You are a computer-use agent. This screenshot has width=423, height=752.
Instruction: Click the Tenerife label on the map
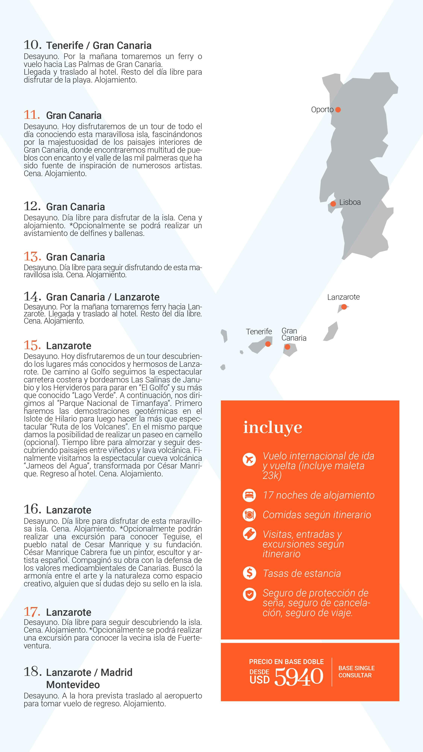pyautogui.click(x=259, y=332)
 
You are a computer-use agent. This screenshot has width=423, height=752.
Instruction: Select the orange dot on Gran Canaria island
pyautogui.click(x=287, y=347)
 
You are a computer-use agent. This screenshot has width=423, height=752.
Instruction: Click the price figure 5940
pyautogui.click(x=299, y=676)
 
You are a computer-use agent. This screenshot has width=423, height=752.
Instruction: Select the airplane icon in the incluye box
pyautogui.click(x=249, y=459)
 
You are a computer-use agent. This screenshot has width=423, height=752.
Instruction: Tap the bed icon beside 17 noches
pyautogui.click(x=249, y=495)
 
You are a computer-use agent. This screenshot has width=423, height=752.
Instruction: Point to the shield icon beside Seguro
pyautogui.click(x=249, y=594)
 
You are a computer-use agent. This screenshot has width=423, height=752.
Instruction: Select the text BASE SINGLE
pyautogui.click(x=356, y=668)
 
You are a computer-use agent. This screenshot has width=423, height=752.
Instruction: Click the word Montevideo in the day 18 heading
pyautogui.click(x=73, y=685)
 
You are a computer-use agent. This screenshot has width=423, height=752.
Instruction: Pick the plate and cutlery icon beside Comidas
pyautogui.click(x=249, y=515)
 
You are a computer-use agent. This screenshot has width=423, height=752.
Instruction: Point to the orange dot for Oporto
pyautogui.click(x=338, y=110)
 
